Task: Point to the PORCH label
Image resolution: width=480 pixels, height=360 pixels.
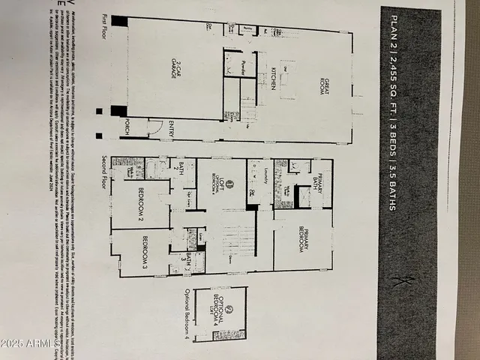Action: pyautogui.click(x=127, y=126)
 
